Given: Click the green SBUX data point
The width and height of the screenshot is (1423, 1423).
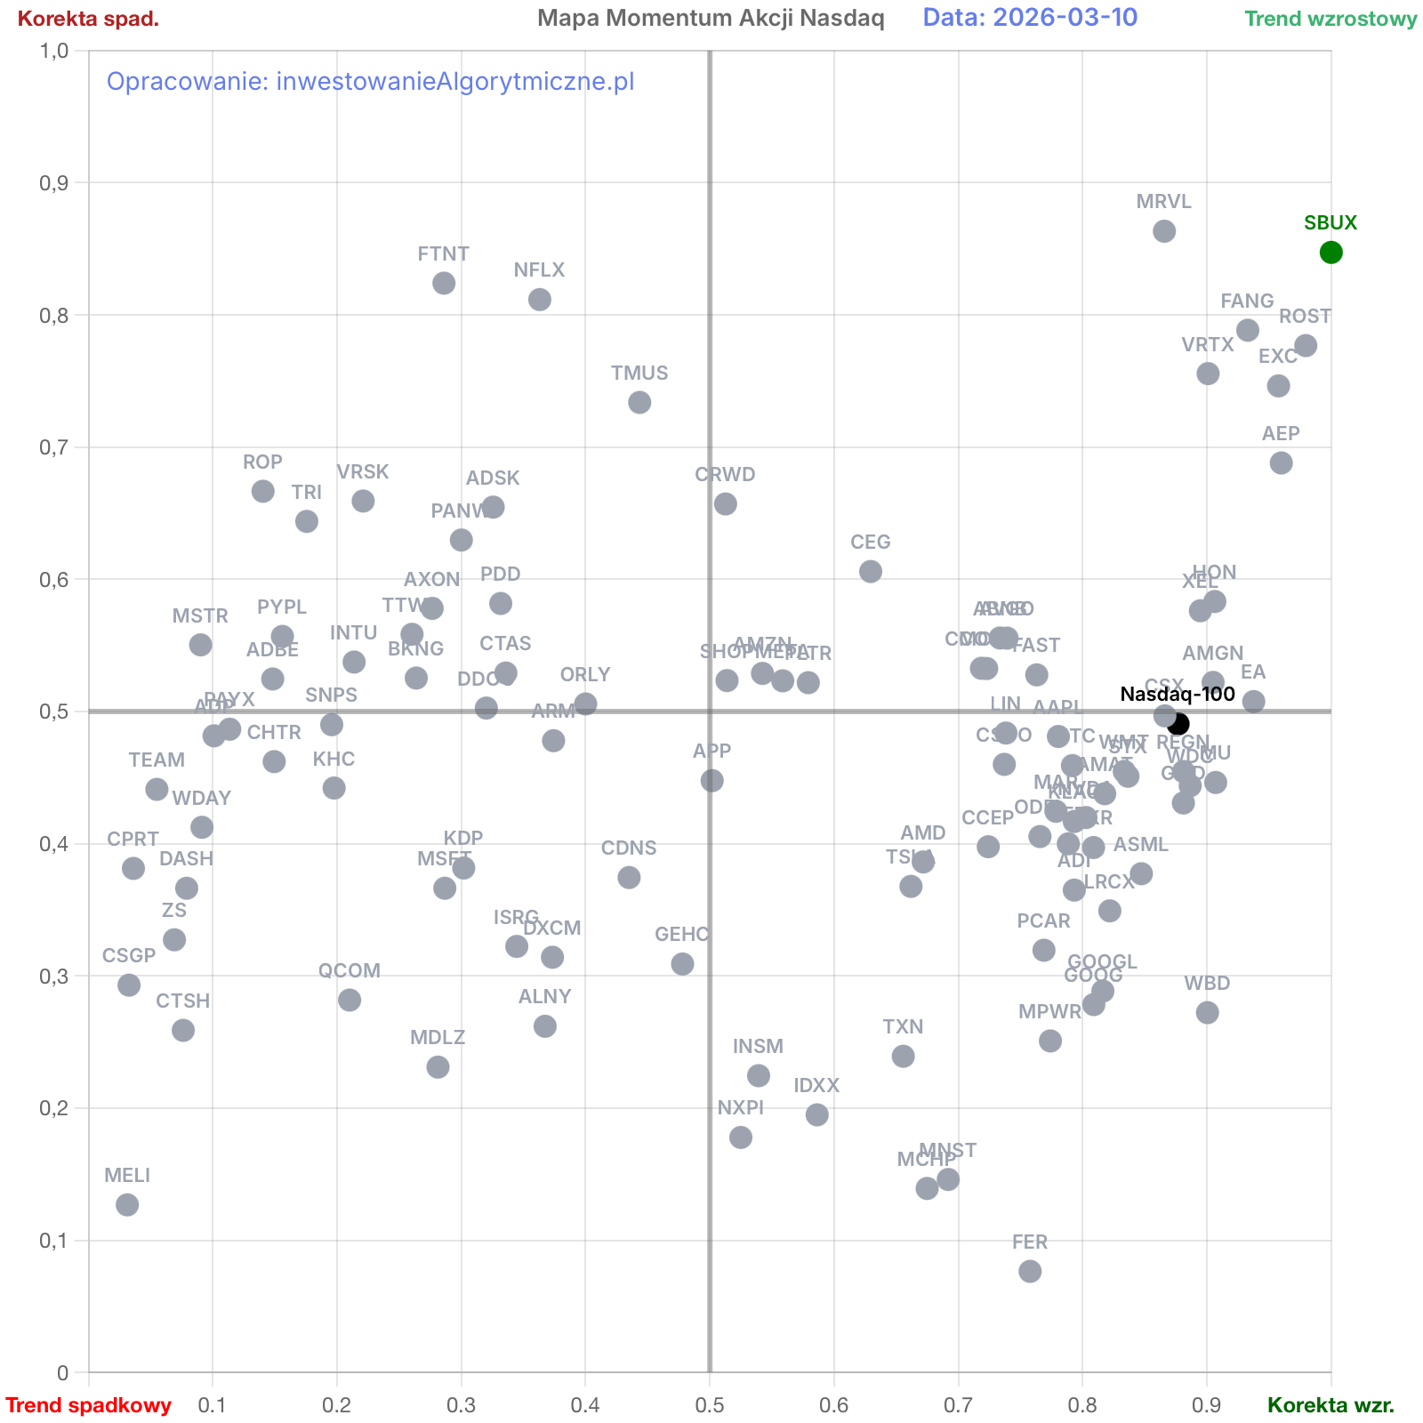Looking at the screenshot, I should click(1331, 253).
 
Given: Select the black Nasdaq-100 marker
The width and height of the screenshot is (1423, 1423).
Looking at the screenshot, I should click(1178, 724).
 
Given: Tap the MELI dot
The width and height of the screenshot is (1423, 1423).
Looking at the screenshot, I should click(127, 1205).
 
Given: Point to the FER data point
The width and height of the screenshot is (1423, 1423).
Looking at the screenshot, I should click(1030, 1271).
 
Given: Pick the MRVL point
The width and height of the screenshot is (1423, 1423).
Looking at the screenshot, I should click(1164, 231).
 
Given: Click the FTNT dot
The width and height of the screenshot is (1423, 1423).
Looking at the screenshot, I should click(444, 283).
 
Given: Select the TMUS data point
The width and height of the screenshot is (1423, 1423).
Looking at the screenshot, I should click(639, 402).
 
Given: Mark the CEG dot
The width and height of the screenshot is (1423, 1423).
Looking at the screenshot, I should click(871, 571).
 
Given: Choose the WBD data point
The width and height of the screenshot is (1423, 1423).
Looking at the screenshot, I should click(1207, 1012).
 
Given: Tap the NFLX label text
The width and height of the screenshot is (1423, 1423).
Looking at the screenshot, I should click(539, 271).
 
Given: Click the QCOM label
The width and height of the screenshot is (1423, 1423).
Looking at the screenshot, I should click(350, 971).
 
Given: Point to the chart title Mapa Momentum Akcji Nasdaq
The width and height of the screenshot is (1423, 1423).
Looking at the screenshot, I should click(711, 18).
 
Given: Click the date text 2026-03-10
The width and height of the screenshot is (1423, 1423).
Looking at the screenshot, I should click(1030, 18).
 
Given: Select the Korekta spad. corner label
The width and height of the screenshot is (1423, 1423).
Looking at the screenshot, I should click(88, 19).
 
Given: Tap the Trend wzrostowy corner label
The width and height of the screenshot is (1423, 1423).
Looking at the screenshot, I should click(1330, 19).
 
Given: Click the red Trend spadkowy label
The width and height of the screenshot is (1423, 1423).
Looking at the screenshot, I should click(88, 1405).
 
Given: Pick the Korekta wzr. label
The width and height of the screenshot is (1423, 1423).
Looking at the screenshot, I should click(1331, 1405).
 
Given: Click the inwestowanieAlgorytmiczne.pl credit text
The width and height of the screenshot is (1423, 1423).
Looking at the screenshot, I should click(370, 82).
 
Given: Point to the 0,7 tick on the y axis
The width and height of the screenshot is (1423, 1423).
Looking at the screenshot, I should click(56, 447).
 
